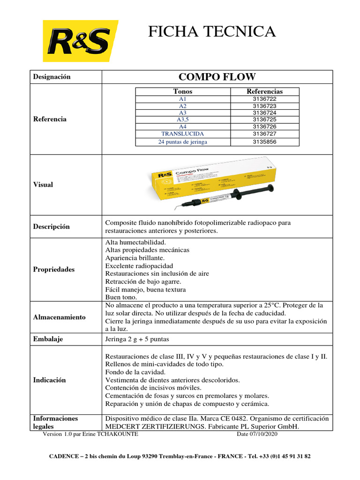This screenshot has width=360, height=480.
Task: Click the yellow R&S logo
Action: pyautogui.click(x=80, y=41)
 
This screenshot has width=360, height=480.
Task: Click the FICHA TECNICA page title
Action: pyautogui.click(x=212, y=31)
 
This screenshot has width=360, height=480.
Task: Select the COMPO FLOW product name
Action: pyautogui.click(x=217, y=77)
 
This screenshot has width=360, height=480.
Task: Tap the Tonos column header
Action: pyautogui.click(x=182, y=91)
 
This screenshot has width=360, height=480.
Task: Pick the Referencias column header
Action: pyautogui.click(x=264, y=91)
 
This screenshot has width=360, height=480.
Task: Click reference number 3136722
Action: pyautogui.click(x=264, y=99)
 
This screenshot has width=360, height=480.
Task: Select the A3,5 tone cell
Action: pyautogui.click(x=182, y=120)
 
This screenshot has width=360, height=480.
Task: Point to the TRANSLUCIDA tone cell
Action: pyautogui.click(x=182, y=134)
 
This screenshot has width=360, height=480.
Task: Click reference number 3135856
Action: pyautogui.click(x=264, y=141)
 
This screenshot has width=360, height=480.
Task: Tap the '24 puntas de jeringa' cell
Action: pyautogui.click(x=182, y=141)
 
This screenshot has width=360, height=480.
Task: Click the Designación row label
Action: pyautogui.click(x=52, y=77)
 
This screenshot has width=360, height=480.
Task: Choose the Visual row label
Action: pyautogui.click(x=43, y=185)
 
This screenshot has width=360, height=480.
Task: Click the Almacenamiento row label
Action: pyautogui.click(x=59, y=317)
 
